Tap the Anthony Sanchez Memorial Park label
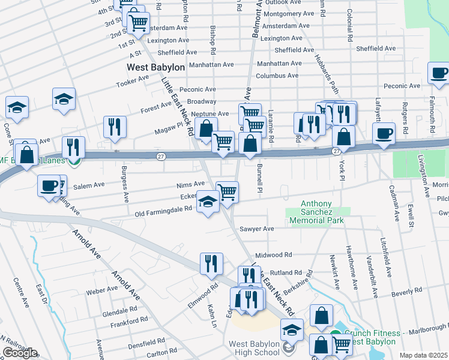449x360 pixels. pyautogui.click(x=316, y=212)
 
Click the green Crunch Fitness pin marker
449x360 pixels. pyautogui.click(x=335, y=337)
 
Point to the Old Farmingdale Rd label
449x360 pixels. pyautogui.click(x=163, y=211)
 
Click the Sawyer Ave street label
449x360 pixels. pyautogui.click(x=256, y=229)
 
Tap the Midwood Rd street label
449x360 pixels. pyautogui.click(x=273, y=255)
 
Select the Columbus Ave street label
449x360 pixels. pyautogui.click(x=277, y=76)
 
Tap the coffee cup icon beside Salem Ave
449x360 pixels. pyautogui.click(x=49, y=185)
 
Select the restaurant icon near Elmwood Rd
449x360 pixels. pyautogui.click(x=211, y=263)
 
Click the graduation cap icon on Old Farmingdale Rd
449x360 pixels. pyautogui.click(x=208, y=202)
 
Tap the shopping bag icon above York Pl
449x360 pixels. pyautogui.click(x=343, y=136)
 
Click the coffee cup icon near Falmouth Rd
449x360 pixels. pyautogui.click(x=439, y=73)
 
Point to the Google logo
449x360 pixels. pyautogui.click(x=20, y=353)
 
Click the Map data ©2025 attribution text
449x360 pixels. pyautogui.click(x=423, y=355)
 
